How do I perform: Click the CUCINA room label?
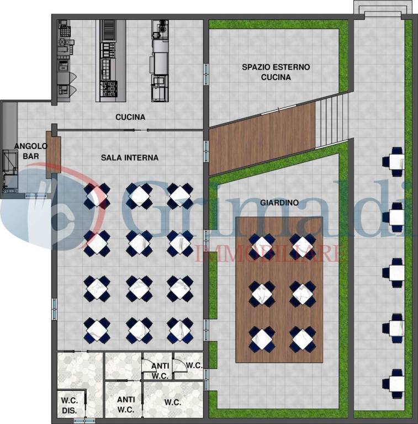(130, 117)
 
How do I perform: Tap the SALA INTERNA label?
(130, 158)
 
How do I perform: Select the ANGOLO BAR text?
(30, 151)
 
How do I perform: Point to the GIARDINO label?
(279, 203)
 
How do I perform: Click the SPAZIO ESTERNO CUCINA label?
(276, 72)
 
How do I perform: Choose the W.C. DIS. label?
(70, 405)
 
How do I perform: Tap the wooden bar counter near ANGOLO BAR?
(53, 155)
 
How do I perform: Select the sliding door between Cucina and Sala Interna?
(136, 130)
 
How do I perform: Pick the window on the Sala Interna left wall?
(55, 310)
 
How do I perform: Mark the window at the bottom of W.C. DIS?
(84, 421)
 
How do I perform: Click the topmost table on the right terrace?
(394, 162)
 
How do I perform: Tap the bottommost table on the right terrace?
(394, 384)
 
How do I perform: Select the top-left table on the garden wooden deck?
(262, 246)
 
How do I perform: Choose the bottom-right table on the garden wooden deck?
(303, 339)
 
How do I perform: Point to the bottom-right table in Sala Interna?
(180, 331)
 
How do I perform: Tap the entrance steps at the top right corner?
(383, 9)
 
